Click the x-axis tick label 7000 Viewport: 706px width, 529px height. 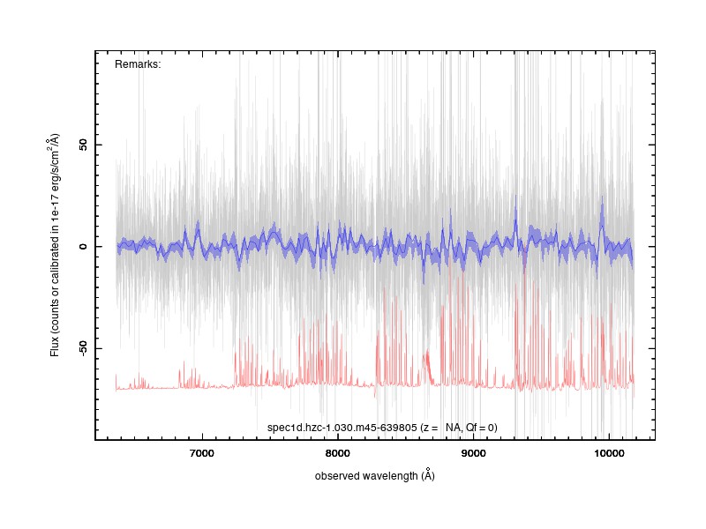coord(202,453)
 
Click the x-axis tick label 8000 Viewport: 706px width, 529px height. coord(337,453)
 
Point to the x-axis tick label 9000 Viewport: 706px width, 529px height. coord(473,453)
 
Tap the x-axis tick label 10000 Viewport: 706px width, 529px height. coord(609,453)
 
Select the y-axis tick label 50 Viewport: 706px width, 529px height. coord(83,145)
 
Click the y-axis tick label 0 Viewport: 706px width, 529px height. coord(83,247)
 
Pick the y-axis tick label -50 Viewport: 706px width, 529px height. coord(83,347)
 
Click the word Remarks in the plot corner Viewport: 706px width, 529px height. coord(138,64)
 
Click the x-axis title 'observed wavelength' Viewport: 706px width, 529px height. coord(366,476)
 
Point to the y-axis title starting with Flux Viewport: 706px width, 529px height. coord(54,245)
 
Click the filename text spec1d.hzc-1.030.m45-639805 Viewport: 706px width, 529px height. coord(342,428)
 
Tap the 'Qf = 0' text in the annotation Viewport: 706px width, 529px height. coord(480,428)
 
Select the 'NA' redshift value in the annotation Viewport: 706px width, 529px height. coord(453,428)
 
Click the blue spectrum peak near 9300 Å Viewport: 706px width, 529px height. coord(516,196)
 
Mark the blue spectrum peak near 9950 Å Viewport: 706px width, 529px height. coord(603,197)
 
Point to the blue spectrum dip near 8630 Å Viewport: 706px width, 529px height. coord(424,281)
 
